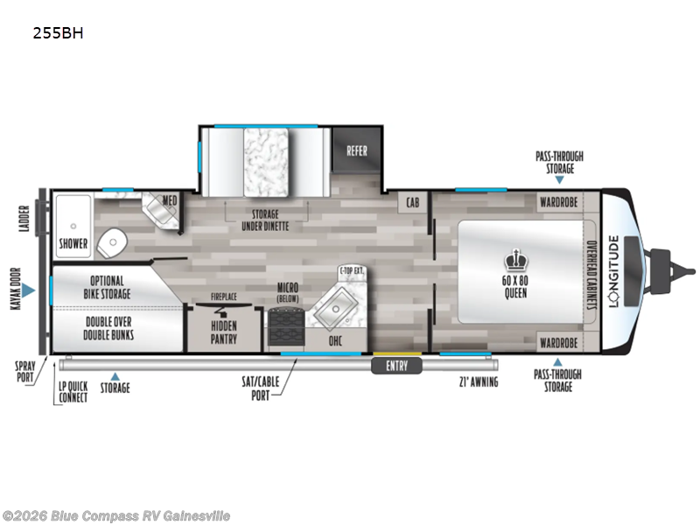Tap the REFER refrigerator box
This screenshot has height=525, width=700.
tap(357, 150)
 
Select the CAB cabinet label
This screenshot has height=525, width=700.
tap(411, 203)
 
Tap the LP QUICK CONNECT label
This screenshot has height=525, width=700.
tap(73, 392)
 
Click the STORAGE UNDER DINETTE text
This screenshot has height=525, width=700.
tap(260, 220)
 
